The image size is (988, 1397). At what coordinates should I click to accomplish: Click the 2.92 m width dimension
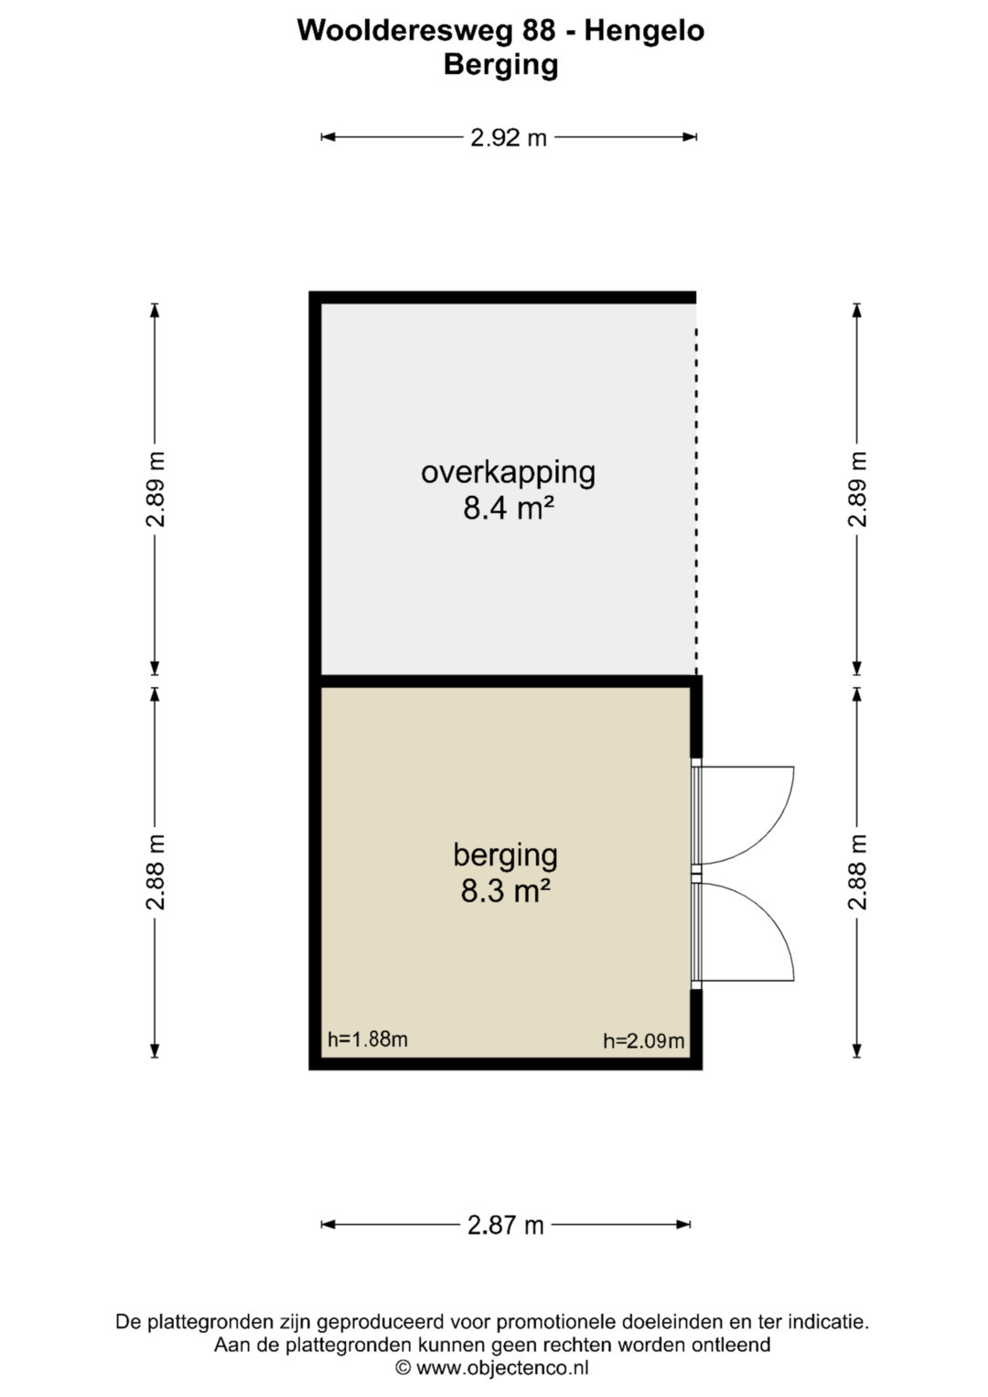509,137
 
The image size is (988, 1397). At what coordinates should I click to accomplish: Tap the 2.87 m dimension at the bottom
506,1225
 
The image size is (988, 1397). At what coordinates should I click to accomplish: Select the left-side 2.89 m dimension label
156,489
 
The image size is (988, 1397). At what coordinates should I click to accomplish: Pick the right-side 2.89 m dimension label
857,489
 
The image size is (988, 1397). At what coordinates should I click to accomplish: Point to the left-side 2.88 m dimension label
156,872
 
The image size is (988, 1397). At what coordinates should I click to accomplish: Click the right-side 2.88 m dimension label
857,872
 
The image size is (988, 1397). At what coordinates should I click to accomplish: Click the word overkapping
509,473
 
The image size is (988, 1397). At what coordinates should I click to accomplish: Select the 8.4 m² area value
509,509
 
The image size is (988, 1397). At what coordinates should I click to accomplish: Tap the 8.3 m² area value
506,891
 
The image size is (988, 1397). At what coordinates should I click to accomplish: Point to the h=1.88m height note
368,1039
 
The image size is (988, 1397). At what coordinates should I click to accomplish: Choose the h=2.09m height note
644,1040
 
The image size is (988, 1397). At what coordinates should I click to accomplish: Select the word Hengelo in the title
644,31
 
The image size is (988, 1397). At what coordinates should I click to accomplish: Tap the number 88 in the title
539,30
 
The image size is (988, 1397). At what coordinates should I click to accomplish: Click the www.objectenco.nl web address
502,1369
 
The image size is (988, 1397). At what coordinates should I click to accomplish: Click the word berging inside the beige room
506,855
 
